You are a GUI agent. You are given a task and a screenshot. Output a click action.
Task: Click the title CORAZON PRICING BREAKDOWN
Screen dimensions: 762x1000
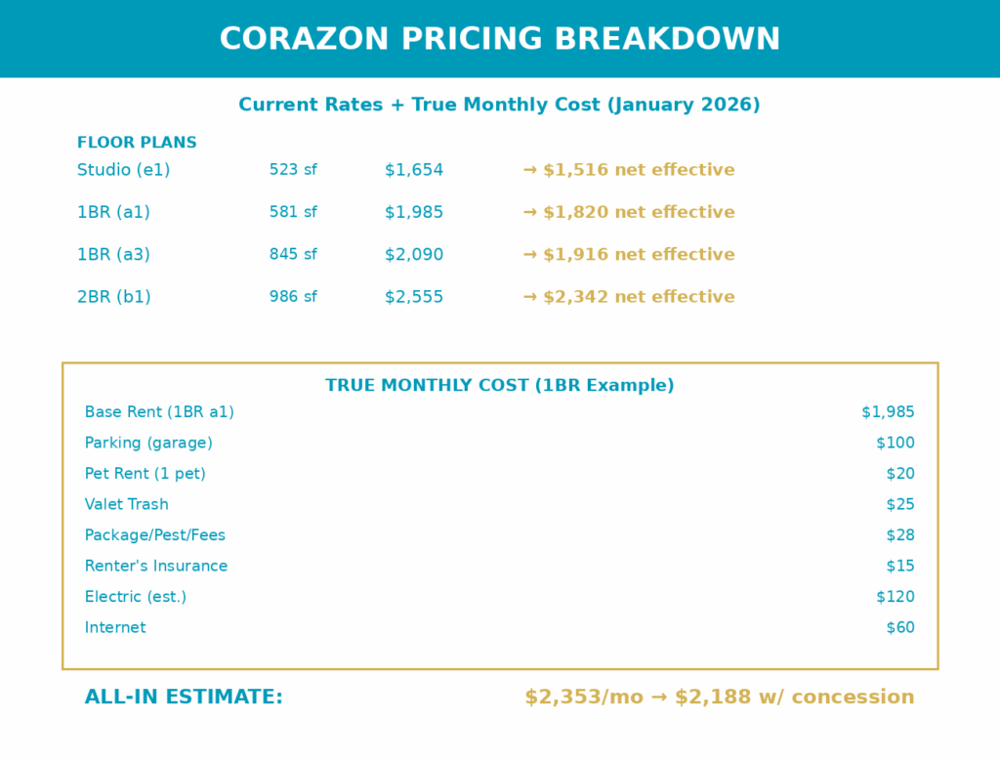tap(500, 39)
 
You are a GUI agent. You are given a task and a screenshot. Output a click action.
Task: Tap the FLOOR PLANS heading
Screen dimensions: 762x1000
tap(137, 143)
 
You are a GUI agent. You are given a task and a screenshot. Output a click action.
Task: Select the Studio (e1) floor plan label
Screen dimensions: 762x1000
tap(123, 170)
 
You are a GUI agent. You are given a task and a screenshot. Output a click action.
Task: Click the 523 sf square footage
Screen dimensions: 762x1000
tap(293, 170)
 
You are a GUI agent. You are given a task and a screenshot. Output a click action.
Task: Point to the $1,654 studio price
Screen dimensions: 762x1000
tap(414, 170)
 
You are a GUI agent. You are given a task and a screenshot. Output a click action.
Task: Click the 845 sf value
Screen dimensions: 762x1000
tap(293, 255)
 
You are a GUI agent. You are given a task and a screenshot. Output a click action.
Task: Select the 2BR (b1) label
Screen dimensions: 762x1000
tap(114, 297)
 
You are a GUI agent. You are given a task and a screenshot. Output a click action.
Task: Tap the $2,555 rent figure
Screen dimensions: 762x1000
tap(414, 297)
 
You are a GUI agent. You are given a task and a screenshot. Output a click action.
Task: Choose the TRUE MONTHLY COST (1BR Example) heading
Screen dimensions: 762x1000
tap(500, 386)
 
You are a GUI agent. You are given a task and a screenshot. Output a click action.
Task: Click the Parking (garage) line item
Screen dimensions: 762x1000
tap(148, 444)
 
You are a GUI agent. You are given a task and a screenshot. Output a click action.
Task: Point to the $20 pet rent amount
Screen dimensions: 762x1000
tap(900, 474)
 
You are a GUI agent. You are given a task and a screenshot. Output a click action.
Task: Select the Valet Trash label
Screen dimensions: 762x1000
tap(127, 505)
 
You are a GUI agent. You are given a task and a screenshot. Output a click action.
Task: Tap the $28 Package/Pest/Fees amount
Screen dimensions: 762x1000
tap(900, 535)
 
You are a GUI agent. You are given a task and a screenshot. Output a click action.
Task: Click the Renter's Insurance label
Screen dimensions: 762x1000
tap(156, 567)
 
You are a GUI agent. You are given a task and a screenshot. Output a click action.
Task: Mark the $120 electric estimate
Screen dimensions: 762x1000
tap(896, 597)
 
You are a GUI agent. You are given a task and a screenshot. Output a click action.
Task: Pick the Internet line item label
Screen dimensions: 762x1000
tap(115, 628)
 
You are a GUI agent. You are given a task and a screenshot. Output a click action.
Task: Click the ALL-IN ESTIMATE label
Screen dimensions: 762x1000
tap(184, 698)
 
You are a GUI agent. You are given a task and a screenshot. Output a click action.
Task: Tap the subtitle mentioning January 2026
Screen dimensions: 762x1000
tap(500, 105)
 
